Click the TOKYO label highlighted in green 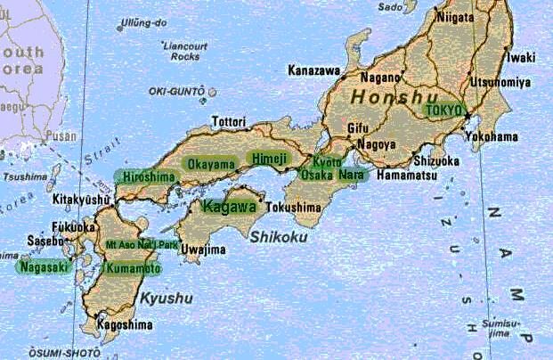coord(445,110)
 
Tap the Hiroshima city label coord(148,176)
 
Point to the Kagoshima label coord(125,325)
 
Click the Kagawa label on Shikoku coord(229,207)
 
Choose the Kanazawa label coord(313,69)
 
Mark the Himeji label coord(267,159)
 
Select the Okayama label coord(211,163)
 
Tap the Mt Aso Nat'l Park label coord(142,243)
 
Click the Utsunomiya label coord(500,82)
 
